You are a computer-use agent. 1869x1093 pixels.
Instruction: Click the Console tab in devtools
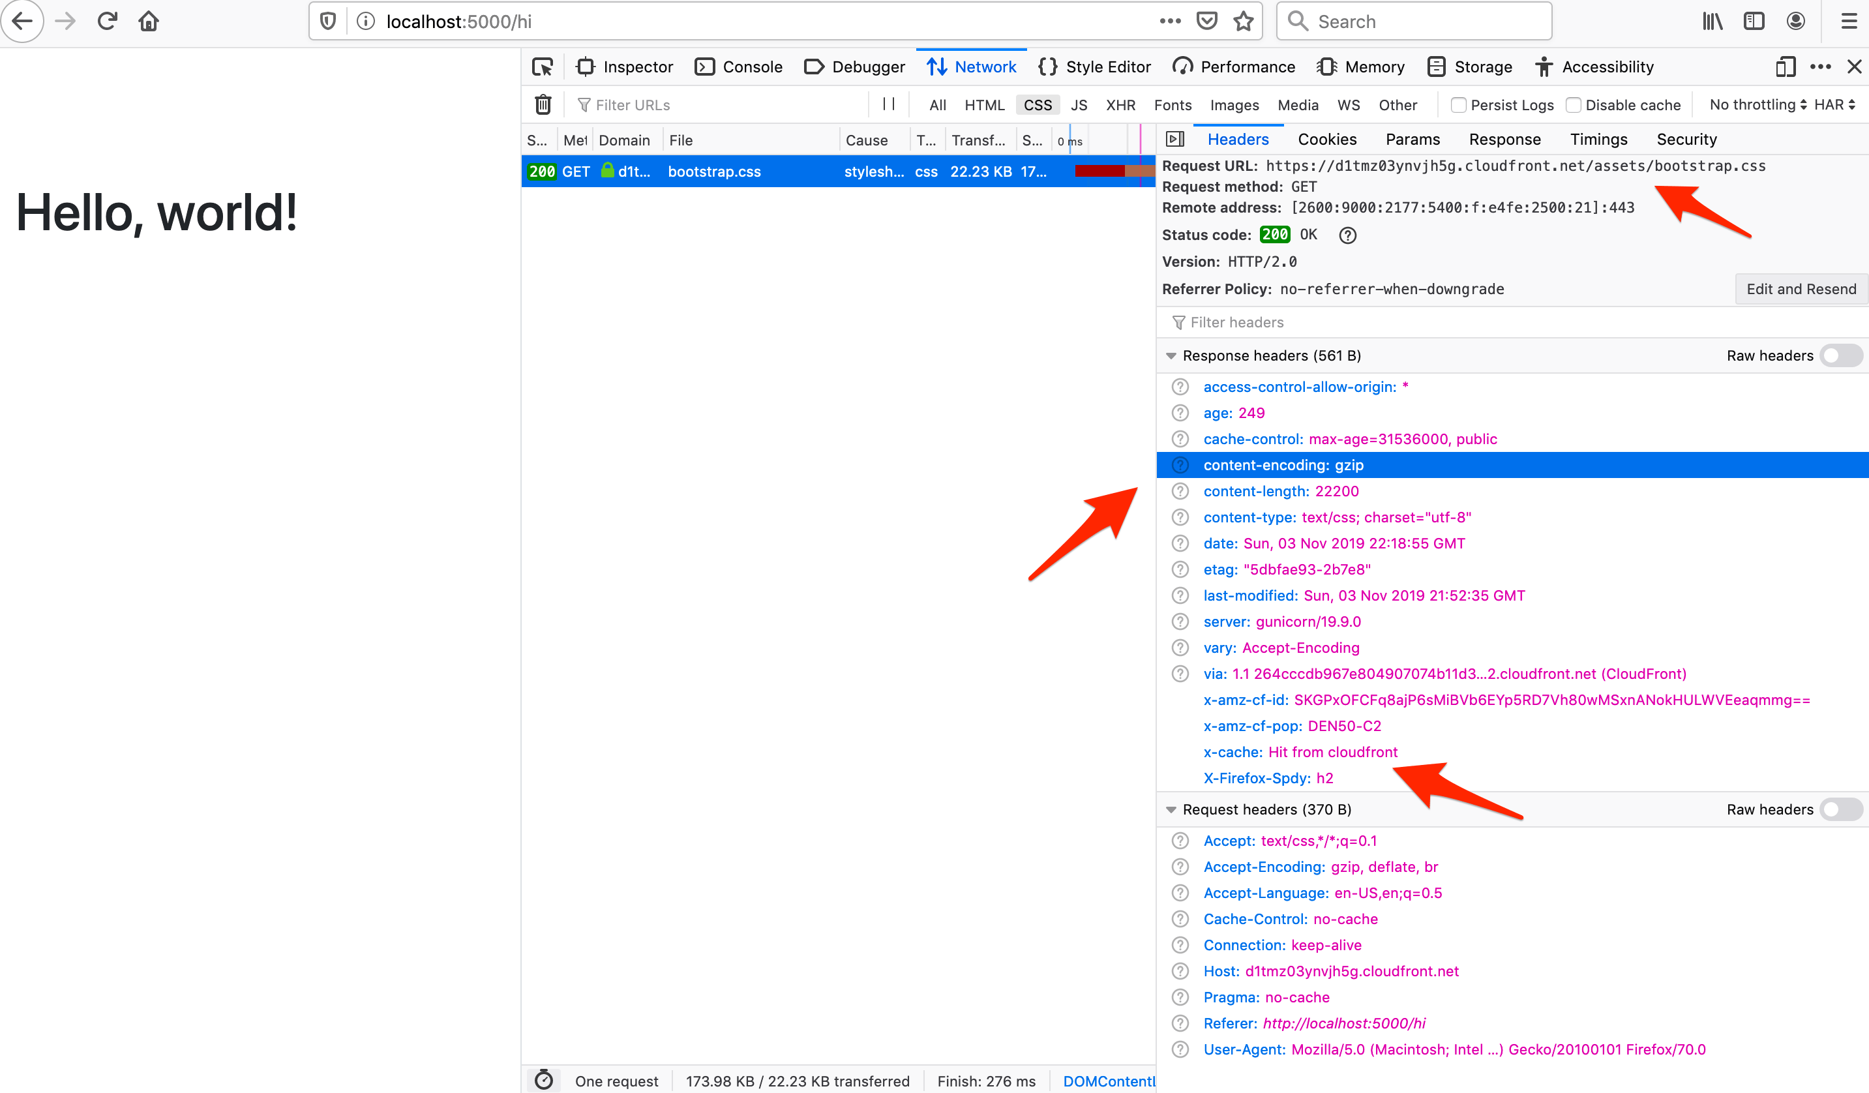(x=739, y=67)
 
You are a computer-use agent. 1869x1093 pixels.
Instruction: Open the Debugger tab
(x=855, y=67)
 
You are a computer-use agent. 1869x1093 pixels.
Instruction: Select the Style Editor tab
(x=1096, y=67)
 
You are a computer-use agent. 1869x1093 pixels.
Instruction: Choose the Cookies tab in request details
(x=1327, y=140)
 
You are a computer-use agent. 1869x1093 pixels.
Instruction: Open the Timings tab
(x=1598, y=140)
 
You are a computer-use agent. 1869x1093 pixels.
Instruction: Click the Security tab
(x=1686, y=140)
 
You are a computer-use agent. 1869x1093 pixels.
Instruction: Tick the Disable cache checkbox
(x=1573, y=105)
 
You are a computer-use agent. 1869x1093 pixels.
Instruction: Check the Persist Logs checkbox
(x=1458, y=105)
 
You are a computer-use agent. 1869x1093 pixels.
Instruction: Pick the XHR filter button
(x=1120, y=105)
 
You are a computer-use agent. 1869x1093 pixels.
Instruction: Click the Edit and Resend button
(x=1801, y=289)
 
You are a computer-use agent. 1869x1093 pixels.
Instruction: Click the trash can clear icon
(x=543, y=104)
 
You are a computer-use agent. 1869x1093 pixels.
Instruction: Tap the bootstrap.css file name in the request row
(x=714, y=172)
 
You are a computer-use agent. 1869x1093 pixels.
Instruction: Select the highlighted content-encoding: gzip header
(x=1283, y=465)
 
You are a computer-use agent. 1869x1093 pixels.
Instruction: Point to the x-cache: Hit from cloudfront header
(x=1300, y=752)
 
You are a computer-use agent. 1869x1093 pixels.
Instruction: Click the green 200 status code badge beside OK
(x=1274, y=235)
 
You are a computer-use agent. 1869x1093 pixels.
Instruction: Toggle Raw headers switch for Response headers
(x=1841, y=356)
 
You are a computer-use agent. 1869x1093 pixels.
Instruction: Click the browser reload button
(x=107, y=21)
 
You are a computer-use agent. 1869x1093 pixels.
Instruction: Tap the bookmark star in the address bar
(x=1243, y=22)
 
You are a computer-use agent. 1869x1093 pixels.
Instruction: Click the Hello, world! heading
(x=157, y=213)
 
